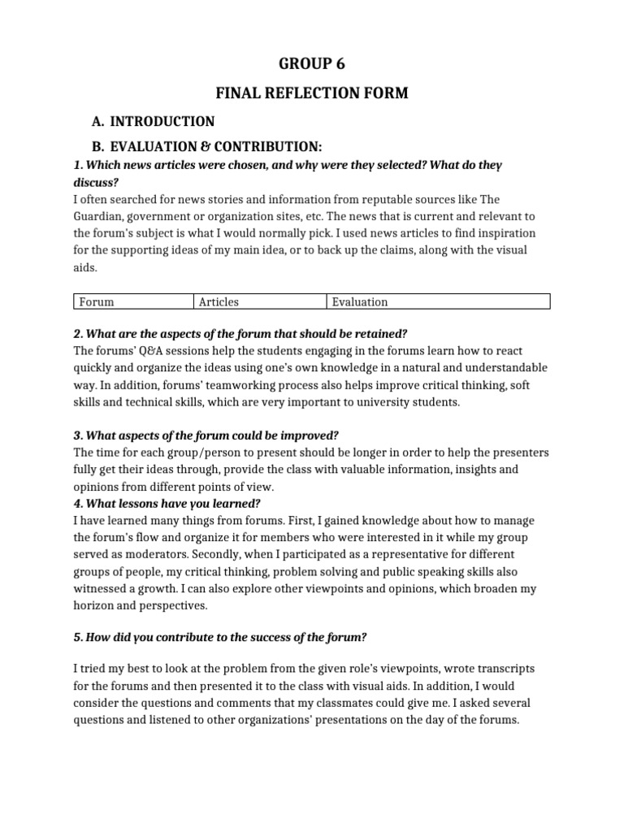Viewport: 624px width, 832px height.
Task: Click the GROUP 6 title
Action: pyautogui.click(x=311, y=64)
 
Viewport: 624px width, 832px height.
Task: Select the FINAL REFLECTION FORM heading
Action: pyautogui.click(x=311, y=94)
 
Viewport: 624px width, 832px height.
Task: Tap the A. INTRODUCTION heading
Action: pyautogui.click(x=154, y=122)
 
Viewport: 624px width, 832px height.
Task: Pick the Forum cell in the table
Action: pyautogui.click(x=96, y=302)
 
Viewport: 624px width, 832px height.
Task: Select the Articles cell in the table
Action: pyautogui.click(x=219, y=302)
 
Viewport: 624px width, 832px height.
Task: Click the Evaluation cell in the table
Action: pyautogui.click(x=360, y=302)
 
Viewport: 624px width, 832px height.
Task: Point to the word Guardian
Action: pyautogui.click(x=99, y=216)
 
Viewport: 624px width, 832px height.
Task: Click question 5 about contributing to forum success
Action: pyautogui.click(x=219, y=637)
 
